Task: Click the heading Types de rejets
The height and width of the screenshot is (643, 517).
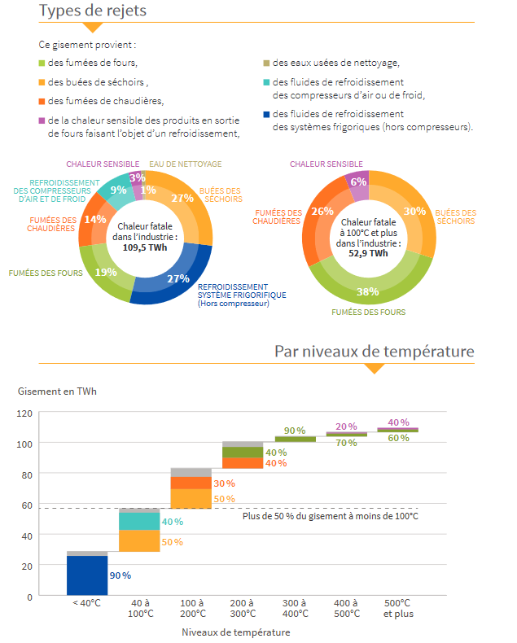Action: tap(92, 11)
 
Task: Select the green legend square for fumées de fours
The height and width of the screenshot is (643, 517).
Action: tap(42, 63)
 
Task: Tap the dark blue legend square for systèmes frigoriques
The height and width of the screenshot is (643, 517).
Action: tap(266, 115)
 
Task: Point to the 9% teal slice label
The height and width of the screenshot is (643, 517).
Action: tap(118, 190)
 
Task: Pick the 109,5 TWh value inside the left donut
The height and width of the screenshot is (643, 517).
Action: tap(145, 247)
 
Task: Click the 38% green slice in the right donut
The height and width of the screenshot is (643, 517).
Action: tap(368, 291)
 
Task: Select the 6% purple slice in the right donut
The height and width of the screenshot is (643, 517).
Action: tap(358, 182)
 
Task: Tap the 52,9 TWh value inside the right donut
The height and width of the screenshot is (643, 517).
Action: tap(368, 253)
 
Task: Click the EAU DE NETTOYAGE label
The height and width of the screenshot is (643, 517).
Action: tap(185, 164)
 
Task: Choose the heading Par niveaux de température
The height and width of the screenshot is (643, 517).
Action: tap(375, 352)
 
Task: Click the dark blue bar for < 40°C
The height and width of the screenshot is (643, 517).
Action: tap(87, 575)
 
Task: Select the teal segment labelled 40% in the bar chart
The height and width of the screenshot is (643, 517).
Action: tap(139, 521)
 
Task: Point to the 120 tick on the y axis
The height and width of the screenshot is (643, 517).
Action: tap(24, 413)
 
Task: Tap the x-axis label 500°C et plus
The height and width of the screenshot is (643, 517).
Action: tap(398, 608)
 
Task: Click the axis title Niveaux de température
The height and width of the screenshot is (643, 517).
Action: tap(236, 632)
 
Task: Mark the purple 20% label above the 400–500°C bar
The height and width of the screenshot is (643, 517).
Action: tap(346, 426)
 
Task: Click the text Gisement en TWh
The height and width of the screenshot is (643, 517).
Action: tap(57, 391)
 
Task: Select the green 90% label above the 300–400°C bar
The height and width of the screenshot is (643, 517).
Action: tap(295, 431)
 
